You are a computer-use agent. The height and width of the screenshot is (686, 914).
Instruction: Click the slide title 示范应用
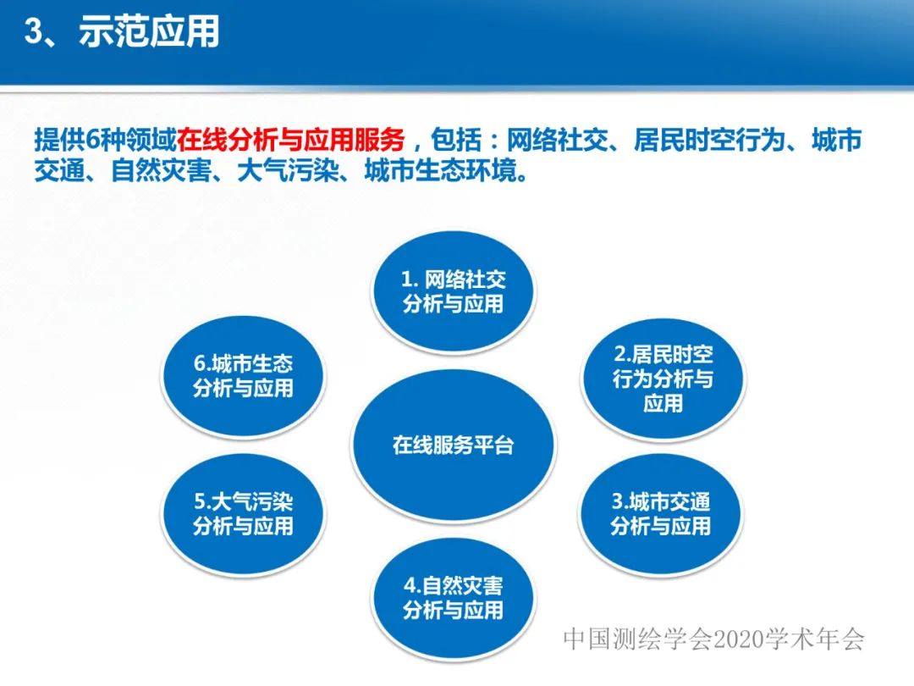(x=149, y=32)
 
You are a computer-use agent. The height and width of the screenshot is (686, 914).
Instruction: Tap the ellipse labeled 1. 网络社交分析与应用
(x=454, y=291)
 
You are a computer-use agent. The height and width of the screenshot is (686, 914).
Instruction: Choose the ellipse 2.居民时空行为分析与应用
(x=663, y=379)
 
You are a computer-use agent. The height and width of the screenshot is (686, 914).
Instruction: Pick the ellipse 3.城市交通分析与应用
(x=661, y=513)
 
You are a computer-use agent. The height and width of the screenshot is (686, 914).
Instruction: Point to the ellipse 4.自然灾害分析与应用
(x=454, y=597)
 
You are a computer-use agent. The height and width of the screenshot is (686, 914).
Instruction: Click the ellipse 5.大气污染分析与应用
(x=243, y=513)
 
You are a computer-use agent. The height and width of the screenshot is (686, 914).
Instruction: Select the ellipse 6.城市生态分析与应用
(x=243, y=376)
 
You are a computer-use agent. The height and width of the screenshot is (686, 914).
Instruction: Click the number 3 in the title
(x=33, y=32)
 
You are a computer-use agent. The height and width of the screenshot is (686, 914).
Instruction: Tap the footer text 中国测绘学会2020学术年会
(x=713, y=639)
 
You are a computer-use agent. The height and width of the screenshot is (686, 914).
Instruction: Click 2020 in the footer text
(x=744, y=639)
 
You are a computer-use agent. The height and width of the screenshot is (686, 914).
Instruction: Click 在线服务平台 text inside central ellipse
(x=454, y=445)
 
